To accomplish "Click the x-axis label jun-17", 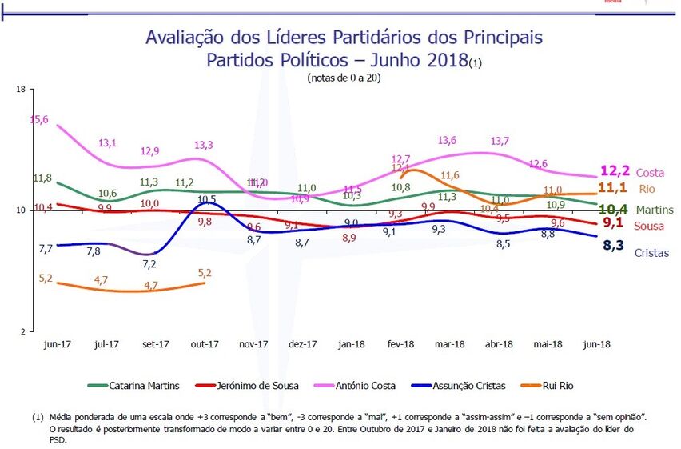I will pyautogui.click(x=57, y=344).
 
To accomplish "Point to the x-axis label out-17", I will pyautogui.click(x=205, y=344).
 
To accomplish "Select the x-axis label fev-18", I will pyautogui.click(x=400, y=344).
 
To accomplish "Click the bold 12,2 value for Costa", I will pyautogui.click(x=615, y=171).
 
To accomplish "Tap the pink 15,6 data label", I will pyautogui.click(x=39, y=119).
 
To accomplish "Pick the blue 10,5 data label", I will pyautogui.click(x=207, y=199).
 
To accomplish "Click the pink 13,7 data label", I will pyautogui.click(x=500, y=141).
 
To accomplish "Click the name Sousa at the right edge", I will pyautogui.click(x=650, y=227).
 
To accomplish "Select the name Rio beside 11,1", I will pyautogui.click(x=647, y=189).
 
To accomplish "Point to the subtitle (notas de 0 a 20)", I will pyautogui.click(x=343, y=78).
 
